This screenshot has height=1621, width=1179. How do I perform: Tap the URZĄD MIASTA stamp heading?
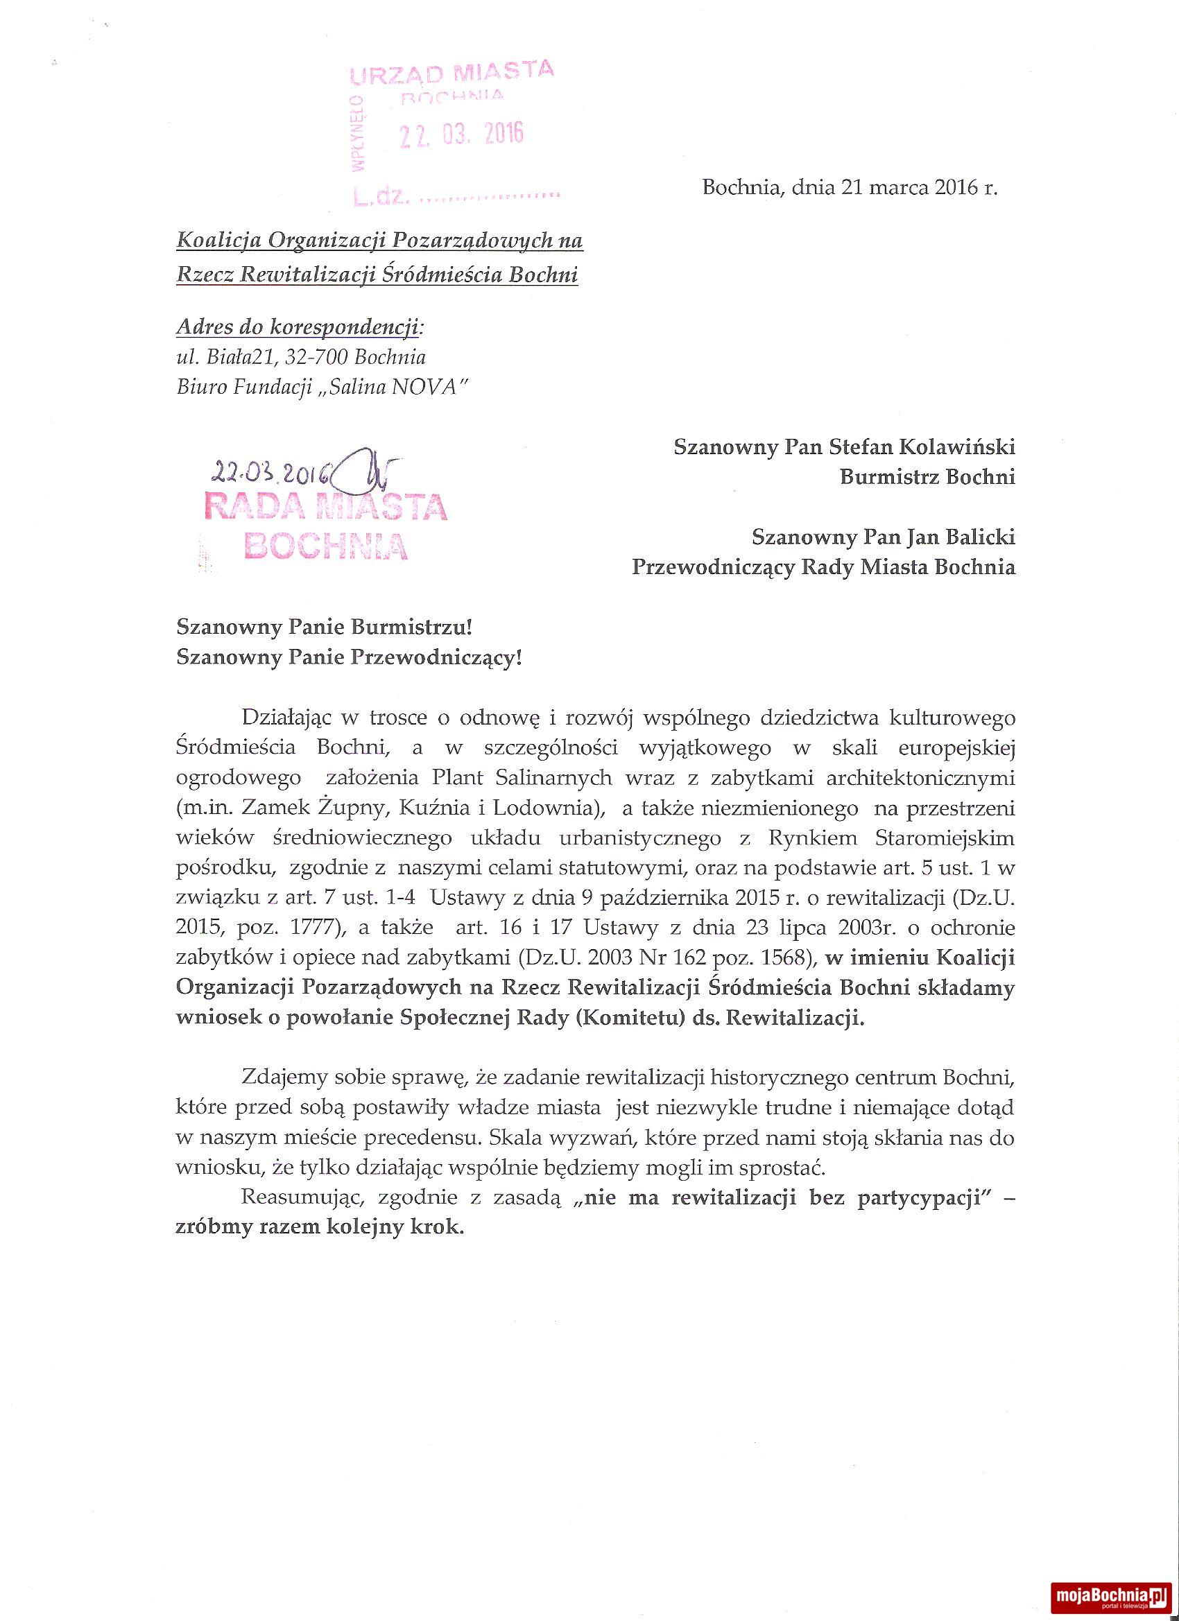tap(451, 73)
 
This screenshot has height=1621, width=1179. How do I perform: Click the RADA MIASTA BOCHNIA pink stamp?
tap(325, 526)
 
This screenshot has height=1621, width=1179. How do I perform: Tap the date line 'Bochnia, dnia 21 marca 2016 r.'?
tap(850, 188)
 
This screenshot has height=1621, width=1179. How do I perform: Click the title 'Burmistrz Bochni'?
tap(927, 477)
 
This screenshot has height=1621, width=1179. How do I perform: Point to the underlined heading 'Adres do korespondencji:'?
tap(300, 327)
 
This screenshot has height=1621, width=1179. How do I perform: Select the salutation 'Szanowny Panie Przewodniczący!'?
tap(349, 657)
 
